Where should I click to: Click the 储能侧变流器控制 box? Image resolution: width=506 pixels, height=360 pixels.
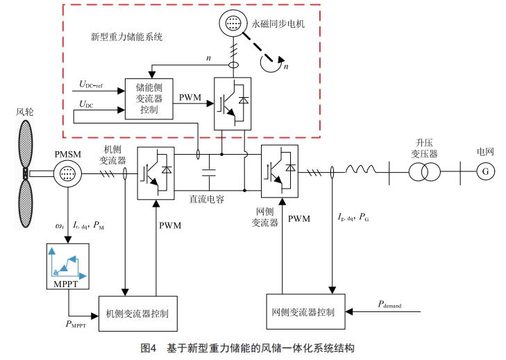point(148,98)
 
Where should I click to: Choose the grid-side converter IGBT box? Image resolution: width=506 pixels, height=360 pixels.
point(279,170)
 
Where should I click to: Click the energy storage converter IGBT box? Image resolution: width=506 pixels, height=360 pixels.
point(233,101)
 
